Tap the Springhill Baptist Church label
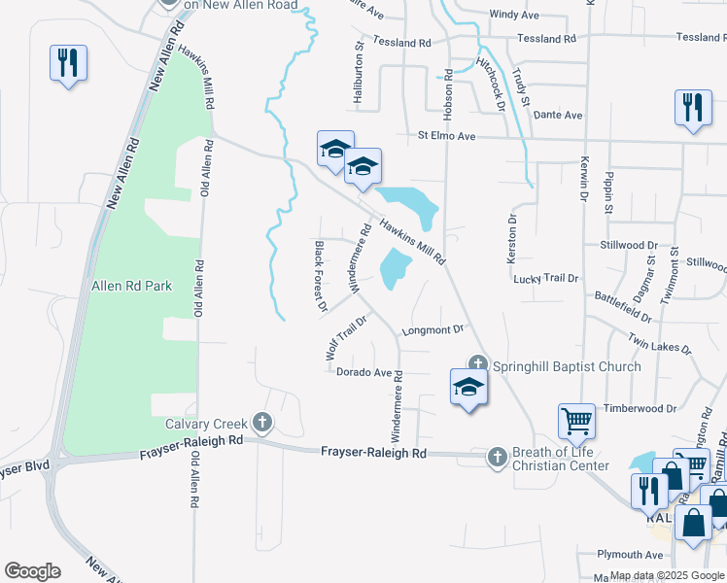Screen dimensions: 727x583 567,366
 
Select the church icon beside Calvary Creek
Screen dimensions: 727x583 261,423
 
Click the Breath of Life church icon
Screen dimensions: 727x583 497,456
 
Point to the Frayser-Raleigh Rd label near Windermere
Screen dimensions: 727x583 373,453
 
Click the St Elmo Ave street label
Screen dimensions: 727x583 446,137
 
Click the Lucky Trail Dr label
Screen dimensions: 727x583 545,278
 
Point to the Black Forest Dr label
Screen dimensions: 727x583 319,278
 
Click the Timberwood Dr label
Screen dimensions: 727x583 639,409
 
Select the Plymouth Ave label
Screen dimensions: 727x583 631,555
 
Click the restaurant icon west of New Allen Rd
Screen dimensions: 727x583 68,64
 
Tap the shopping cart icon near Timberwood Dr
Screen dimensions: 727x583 576,423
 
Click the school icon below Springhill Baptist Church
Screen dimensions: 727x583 468,387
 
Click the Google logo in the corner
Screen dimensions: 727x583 32,571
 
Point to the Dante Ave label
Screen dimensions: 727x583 558,115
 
